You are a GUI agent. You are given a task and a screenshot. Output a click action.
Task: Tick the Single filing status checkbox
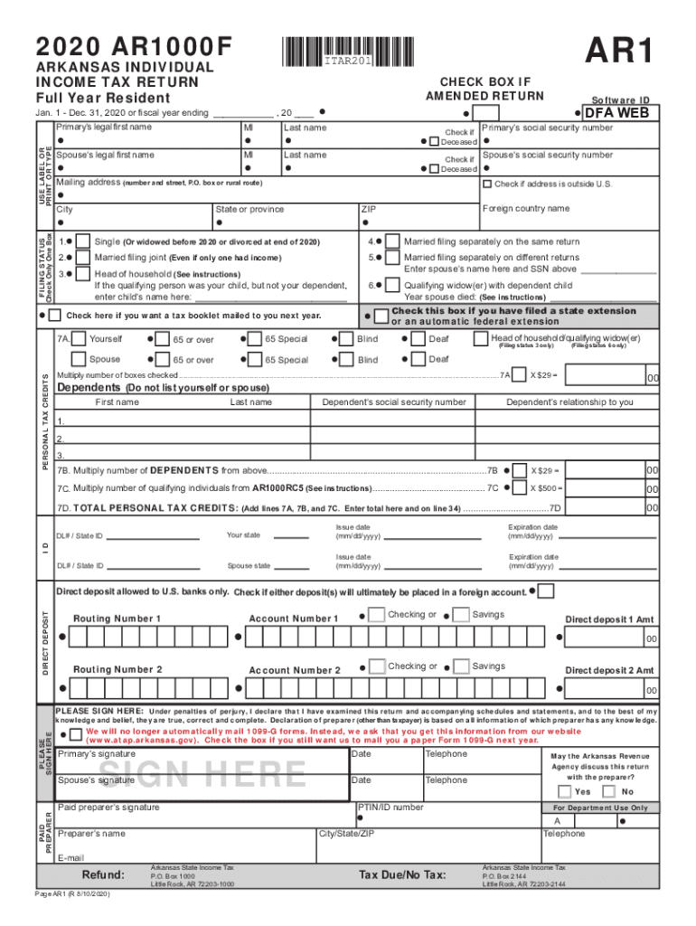tap(82, 241)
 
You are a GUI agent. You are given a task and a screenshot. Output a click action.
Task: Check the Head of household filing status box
tap(82, 273)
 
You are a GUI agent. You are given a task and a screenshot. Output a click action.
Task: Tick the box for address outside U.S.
tap(487, 184)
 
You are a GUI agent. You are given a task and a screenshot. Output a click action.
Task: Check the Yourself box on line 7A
tap(79, 339)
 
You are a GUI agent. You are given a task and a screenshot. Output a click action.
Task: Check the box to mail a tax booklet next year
tap(55, 316)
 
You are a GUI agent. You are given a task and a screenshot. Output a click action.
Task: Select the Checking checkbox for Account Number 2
tap(376, 666)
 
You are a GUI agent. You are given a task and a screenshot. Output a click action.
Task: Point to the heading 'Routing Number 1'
tap(117, 619)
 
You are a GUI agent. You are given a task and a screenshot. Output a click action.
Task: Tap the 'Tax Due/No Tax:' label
tap(402, 874)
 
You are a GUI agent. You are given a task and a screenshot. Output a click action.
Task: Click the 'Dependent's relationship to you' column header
tap(569, 402)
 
